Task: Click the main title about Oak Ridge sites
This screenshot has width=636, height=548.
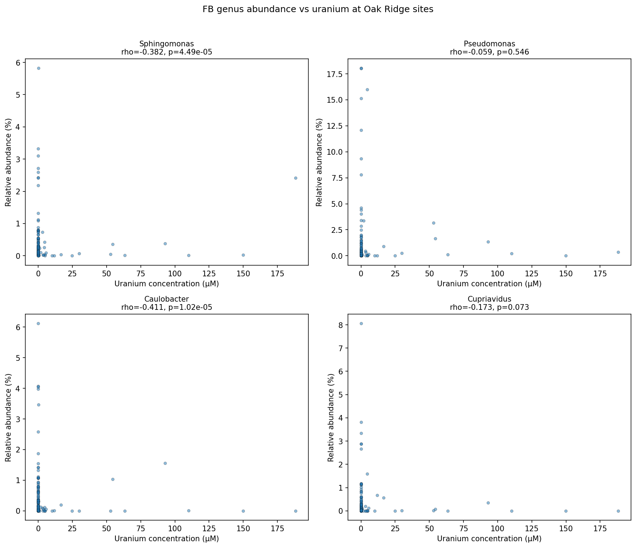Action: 318,10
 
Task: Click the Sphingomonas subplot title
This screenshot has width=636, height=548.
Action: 166,44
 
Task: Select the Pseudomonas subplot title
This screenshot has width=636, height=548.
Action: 489,44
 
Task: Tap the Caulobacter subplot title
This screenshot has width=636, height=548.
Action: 166,299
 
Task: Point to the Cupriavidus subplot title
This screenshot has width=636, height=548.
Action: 489,299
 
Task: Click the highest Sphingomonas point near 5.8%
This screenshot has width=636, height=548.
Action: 39,68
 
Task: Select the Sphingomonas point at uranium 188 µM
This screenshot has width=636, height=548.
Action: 296,178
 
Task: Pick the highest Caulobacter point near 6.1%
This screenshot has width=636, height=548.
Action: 39,324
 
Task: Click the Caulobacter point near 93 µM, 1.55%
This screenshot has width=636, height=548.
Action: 165,463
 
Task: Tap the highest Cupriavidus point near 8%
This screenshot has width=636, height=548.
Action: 361,323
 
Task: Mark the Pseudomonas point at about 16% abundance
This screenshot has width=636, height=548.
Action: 367,89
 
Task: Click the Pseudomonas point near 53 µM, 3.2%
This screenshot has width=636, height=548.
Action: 434,223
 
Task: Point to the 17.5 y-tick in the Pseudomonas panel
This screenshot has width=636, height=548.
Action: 337,74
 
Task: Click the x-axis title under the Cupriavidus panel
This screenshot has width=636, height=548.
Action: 489,539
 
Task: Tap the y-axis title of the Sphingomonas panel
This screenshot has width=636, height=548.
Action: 9,163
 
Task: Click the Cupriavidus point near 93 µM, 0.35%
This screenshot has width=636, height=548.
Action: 488,503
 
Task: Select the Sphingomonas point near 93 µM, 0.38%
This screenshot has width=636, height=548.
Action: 165,244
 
